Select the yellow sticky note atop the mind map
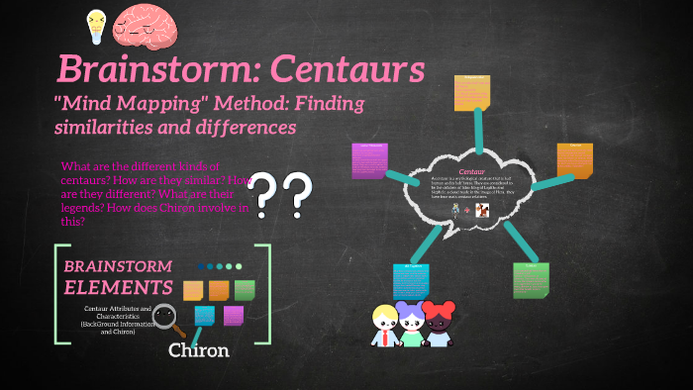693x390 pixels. click(472, 92)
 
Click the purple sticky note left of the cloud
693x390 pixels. click(370, 160)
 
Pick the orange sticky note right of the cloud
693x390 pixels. click(574, 161)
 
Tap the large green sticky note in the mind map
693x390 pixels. click(531, 280)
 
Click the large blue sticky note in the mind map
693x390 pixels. click(411, 281)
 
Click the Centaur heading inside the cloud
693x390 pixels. click(470, 170)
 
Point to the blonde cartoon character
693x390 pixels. click(385, 326)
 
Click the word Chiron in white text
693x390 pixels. click(198, 350)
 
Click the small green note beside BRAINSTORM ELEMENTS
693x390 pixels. click(245, 290)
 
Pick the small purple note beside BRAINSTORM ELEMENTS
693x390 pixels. click(234, 315)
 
